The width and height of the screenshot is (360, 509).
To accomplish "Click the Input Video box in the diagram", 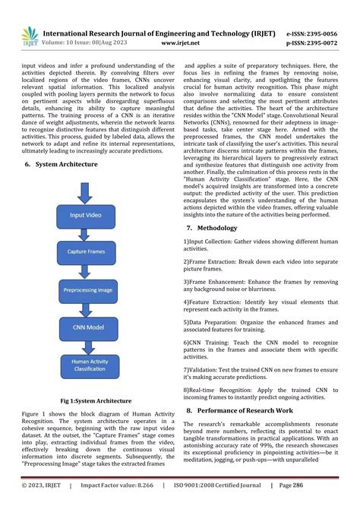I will pyautogui.click(x=89, y=215).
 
